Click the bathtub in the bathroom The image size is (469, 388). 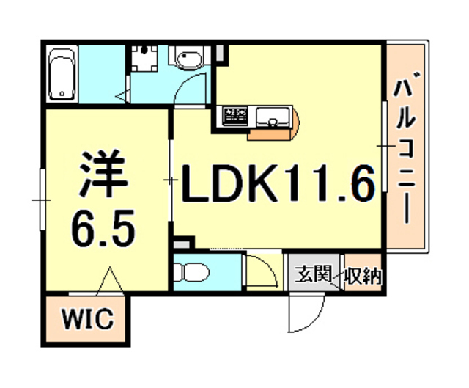tap(62, 74)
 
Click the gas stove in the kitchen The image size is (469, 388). tap(236, 115)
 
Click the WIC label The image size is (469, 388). tap(85, 320)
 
